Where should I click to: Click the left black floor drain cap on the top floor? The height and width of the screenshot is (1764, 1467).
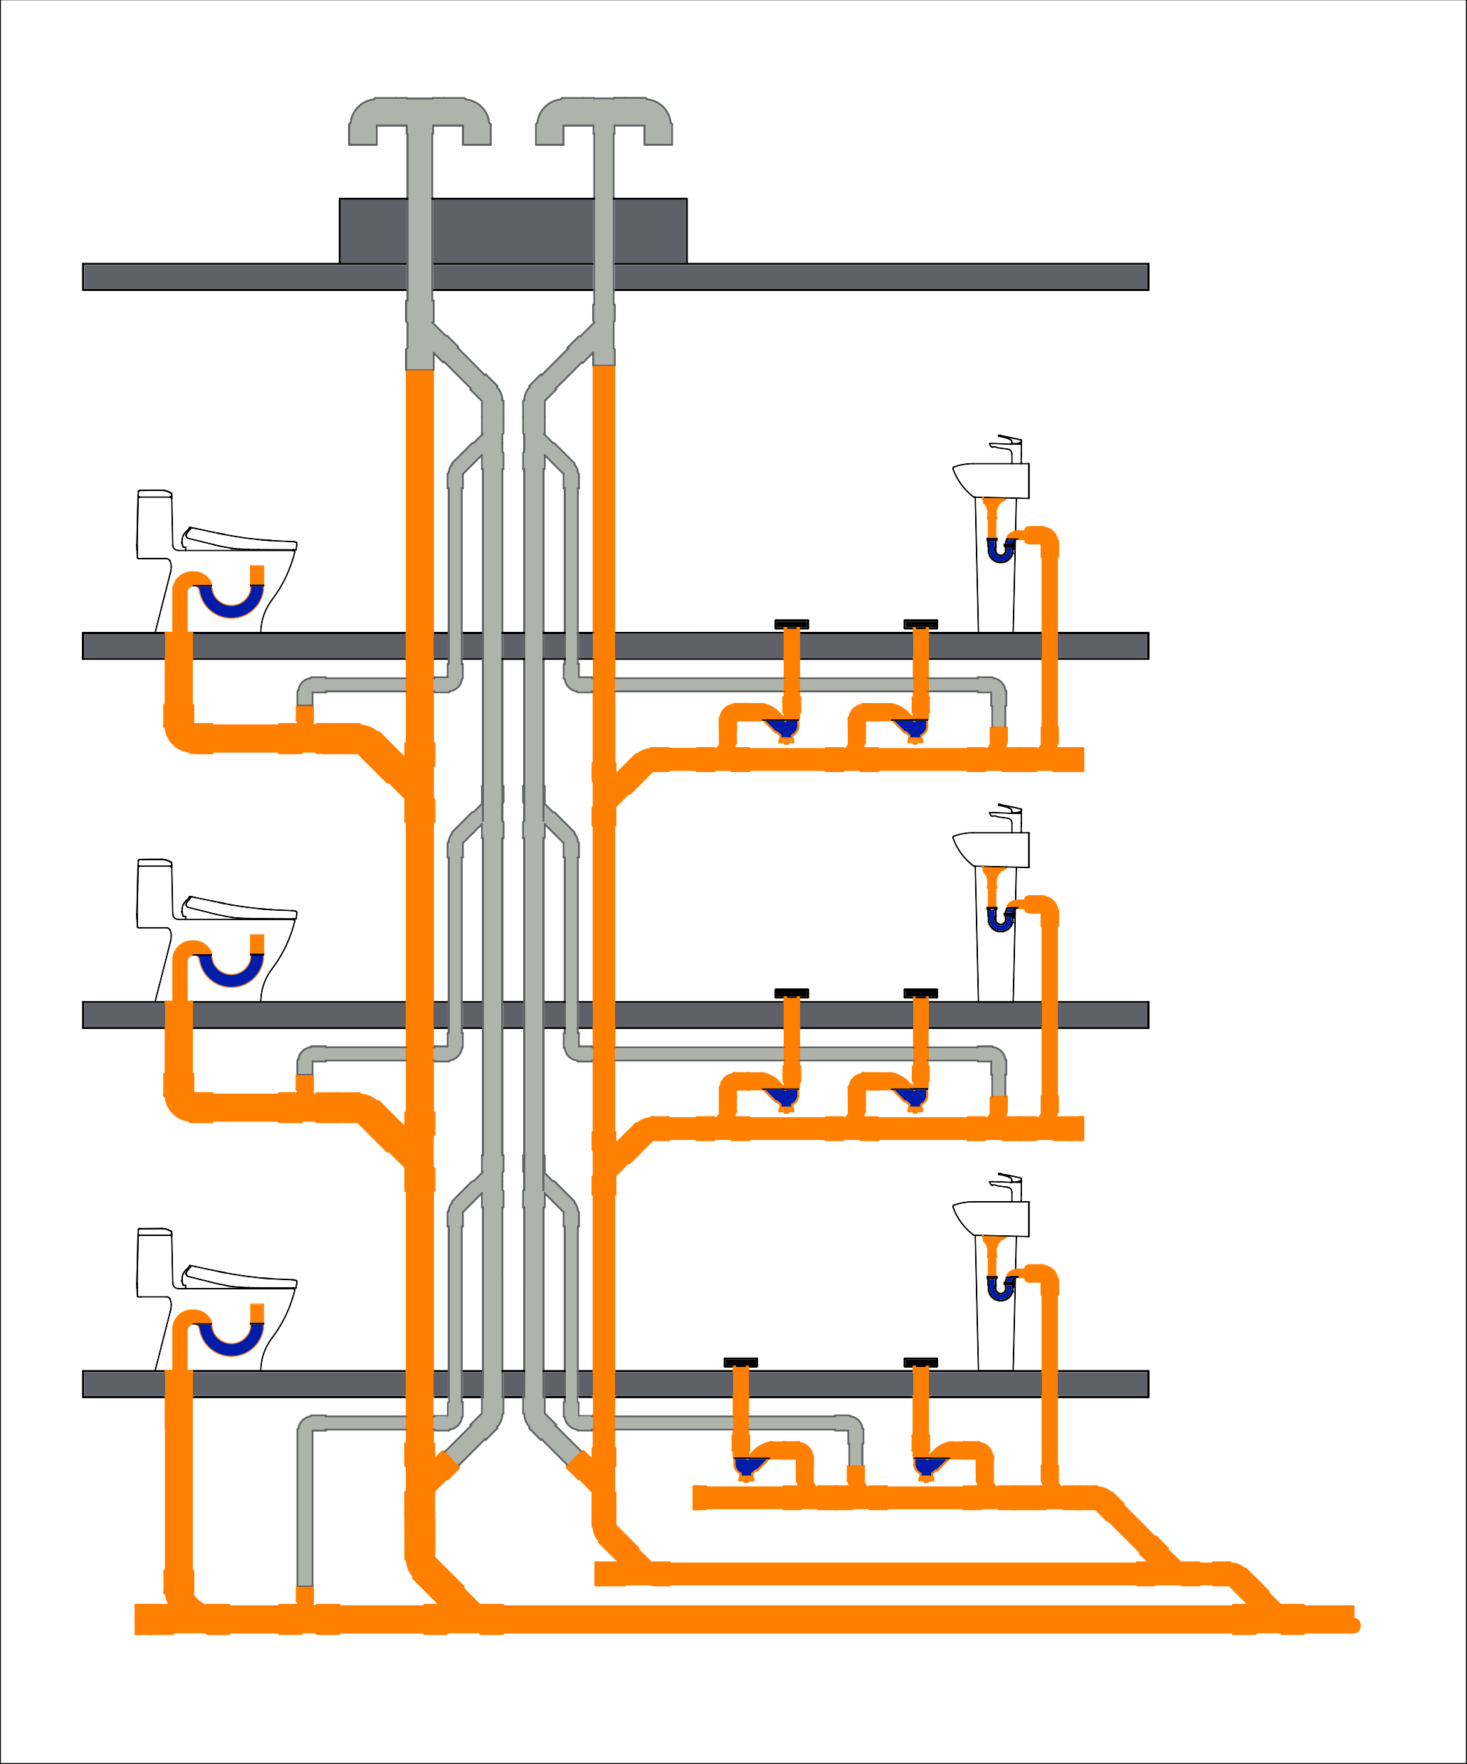tap(792, 624)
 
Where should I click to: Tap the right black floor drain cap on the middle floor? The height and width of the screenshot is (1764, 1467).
tap(920, 993)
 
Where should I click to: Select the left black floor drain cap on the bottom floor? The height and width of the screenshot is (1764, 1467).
tap(740, 1363)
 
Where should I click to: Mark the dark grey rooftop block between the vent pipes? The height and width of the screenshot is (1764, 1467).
tap(512, 231)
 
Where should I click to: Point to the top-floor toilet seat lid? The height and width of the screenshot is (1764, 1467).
tap(239, 539)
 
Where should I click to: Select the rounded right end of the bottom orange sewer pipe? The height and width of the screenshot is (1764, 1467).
tap(1354, 1625)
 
